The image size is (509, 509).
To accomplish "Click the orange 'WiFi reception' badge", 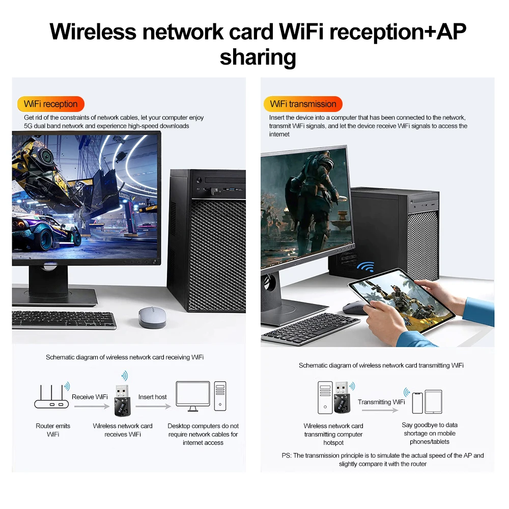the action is tap(50, 104).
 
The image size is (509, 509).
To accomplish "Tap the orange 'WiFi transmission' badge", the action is tap(303, 104).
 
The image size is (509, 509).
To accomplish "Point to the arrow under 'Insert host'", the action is tap(153, 406).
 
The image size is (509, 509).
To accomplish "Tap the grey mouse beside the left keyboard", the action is tap(153, 317).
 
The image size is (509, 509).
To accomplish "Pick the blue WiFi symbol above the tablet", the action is tap(365, 267).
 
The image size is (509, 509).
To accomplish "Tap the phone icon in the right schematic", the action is tap(417, 402).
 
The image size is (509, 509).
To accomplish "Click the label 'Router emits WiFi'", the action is tap(53, 430).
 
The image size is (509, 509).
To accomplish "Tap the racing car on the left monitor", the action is tap(46, 232).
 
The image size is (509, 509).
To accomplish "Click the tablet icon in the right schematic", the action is tap(433, 402).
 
